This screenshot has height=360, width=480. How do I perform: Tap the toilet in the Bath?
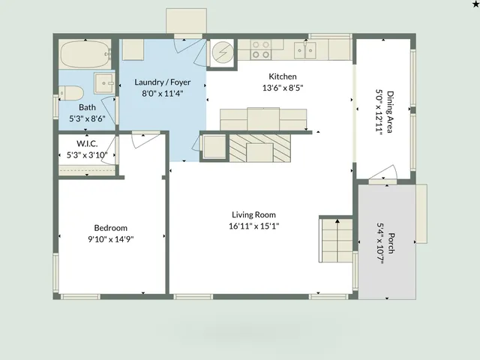point(71,94)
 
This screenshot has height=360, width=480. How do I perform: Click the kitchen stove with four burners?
point(261,50)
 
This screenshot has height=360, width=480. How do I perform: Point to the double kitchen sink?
point(304,50)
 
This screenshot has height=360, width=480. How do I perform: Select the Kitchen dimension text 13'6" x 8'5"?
point(283,88)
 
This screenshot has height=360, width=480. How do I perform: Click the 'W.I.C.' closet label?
point(87,143)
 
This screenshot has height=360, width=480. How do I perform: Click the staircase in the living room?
point(335,240)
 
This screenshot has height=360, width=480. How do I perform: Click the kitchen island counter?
point(263,119)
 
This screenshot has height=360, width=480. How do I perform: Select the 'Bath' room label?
point(87,107)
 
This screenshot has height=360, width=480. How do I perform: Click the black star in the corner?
point(474,4)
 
